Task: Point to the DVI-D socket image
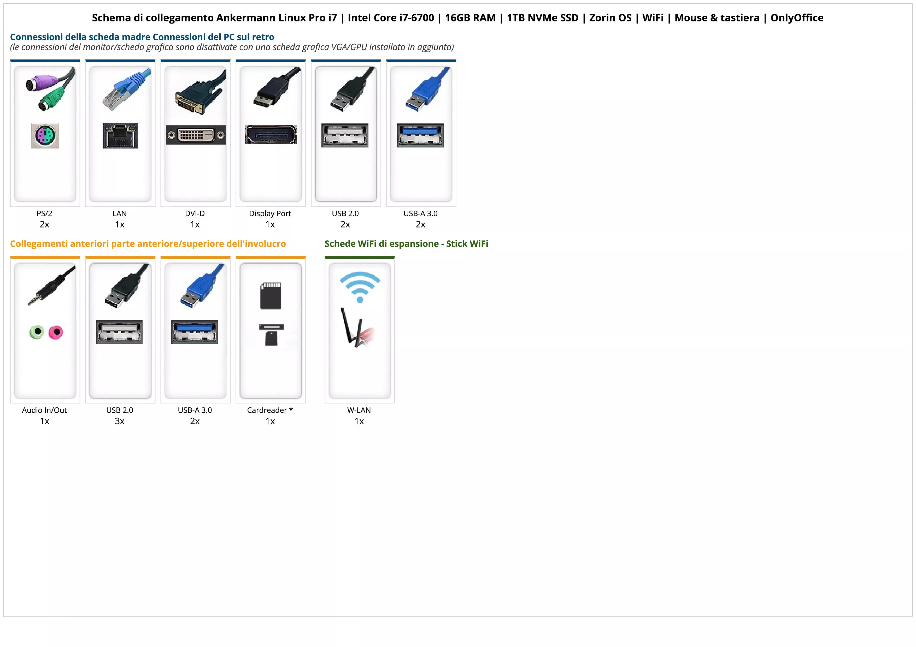point(196,135)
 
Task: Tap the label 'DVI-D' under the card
point(195,213)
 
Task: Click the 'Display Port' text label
point(270,213)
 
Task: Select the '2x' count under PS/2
point(44,224)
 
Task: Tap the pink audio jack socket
point(56,332)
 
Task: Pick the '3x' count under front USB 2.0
point(120,421)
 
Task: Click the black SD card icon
point(271,296)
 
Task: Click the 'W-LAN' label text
point(359,410)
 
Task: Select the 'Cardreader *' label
point(270,410)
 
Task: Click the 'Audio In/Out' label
point(44,410)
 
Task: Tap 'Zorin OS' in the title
point(610,18)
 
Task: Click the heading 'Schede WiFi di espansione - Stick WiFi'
point(406,244)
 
